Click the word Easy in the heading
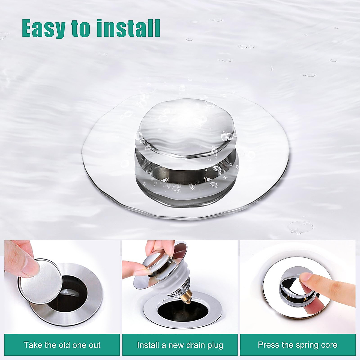[x=43, y=28]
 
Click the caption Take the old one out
[x=62, y=345]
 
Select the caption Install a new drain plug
[x=180, y=345]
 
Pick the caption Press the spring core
[x=298, y=345]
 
